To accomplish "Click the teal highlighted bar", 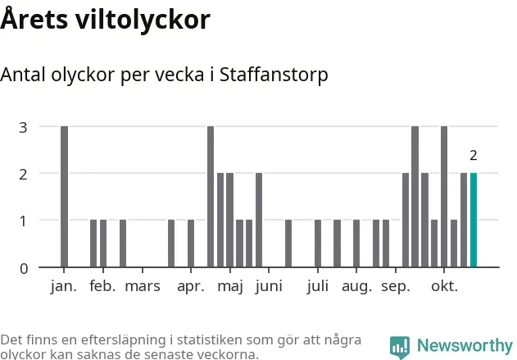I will pos(474,220).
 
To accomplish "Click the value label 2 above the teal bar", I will pos(474,155).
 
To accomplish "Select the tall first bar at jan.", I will pos(65,197).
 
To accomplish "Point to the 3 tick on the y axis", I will pos(24,127).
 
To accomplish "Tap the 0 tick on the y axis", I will pos(24,268).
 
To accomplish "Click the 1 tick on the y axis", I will pos(24,221).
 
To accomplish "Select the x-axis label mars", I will pos(143,286).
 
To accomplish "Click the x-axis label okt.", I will pos(446,286).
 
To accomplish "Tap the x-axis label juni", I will pos(269,286).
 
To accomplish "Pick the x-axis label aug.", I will pos(356,286).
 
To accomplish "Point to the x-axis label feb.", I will pos(103,286).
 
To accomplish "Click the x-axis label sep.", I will pos(396,286).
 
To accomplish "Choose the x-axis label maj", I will pos(230,286).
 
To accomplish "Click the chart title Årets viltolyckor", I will pos(105,20).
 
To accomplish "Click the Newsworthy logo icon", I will pos(400,346).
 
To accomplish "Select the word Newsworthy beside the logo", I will pos(464,346).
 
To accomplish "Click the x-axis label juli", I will pos(318,286).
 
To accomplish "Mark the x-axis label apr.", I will pos(190,286).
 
